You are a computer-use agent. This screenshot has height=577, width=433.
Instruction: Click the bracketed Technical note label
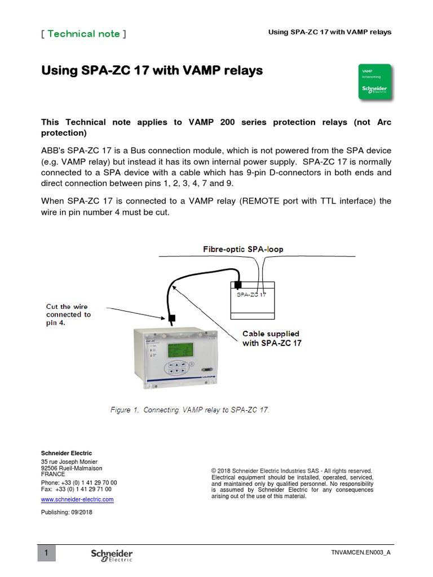[83, 34]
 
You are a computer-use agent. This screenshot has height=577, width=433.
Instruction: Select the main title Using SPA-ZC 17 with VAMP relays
[153, 71]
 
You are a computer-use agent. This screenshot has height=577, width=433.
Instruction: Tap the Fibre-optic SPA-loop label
[243, 248]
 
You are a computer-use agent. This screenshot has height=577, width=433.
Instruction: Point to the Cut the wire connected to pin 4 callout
[68, 315]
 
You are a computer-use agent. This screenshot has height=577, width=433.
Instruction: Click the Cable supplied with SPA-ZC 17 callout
[272, 338]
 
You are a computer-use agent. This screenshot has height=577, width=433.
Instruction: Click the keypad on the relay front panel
[176, 369]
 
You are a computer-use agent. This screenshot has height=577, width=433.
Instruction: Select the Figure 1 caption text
[189, 410]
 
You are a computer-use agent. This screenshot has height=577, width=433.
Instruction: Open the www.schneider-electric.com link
[77, 499]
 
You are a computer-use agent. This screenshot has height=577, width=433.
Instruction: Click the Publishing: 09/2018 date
[67, 512]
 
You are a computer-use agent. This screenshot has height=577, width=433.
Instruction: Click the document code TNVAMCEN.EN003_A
[361, 553]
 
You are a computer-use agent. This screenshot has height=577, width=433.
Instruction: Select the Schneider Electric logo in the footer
[112, 554]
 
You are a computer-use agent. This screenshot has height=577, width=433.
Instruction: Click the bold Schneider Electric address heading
[67, 453]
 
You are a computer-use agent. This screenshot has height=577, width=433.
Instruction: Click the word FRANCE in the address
[53, 474]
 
